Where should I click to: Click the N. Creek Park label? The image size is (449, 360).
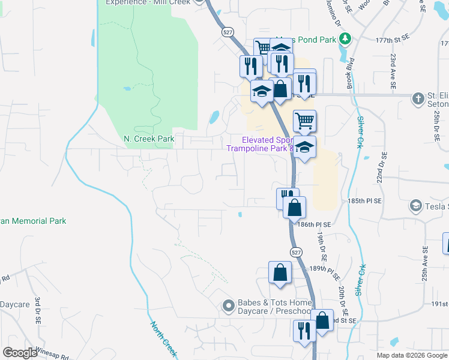click(x=149, y=139)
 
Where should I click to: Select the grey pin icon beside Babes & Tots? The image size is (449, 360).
click(x=228, y=307)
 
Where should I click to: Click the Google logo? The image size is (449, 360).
click(x=21, y=352)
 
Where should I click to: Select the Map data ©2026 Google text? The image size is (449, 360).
click(x=411, y=355)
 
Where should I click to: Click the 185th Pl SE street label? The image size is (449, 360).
click(x=364, y=202)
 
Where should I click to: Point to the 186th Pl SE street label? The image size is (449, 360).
click(x=315, y=224)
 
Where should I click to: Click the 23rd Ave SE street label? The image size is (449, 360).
click(x=393, y=71)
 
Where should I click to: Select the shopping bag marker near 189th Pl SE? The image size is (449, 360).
click(x=280, y=273)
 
